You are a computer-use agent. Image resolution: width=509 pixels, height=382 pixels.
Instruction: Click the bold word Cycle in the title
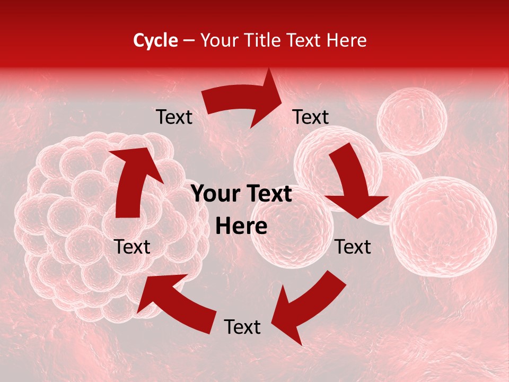[155, 40]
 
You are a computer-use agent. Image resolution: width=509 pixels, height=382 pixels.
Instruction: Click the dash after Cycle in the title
[189, 41]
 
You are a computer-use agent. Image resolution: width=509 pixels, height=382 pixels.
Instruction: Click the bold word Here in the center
[242, 227]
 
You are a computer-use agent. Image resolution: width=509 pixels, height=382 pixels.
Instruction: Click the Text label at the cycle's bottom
[242, 327]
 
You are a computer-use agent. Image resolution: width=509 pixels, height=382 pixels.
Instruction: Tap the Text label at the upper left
[174, 117]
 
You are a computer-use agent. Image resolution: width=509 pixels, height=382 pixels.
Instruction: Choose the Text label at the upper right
[311, 117]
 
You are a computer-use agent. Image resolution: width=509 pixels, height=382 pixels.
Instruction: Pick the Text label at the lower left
[133, 247]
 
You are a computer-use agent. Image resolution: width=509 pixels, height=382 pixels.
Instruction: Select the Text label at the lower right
[353, 247]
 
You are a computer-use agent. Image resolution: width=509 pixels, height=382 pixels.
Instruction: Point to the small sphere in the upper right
[411, 121]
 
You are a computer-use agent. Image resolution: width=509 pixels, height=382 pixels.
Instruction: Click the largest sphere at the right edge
[443, 227]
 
